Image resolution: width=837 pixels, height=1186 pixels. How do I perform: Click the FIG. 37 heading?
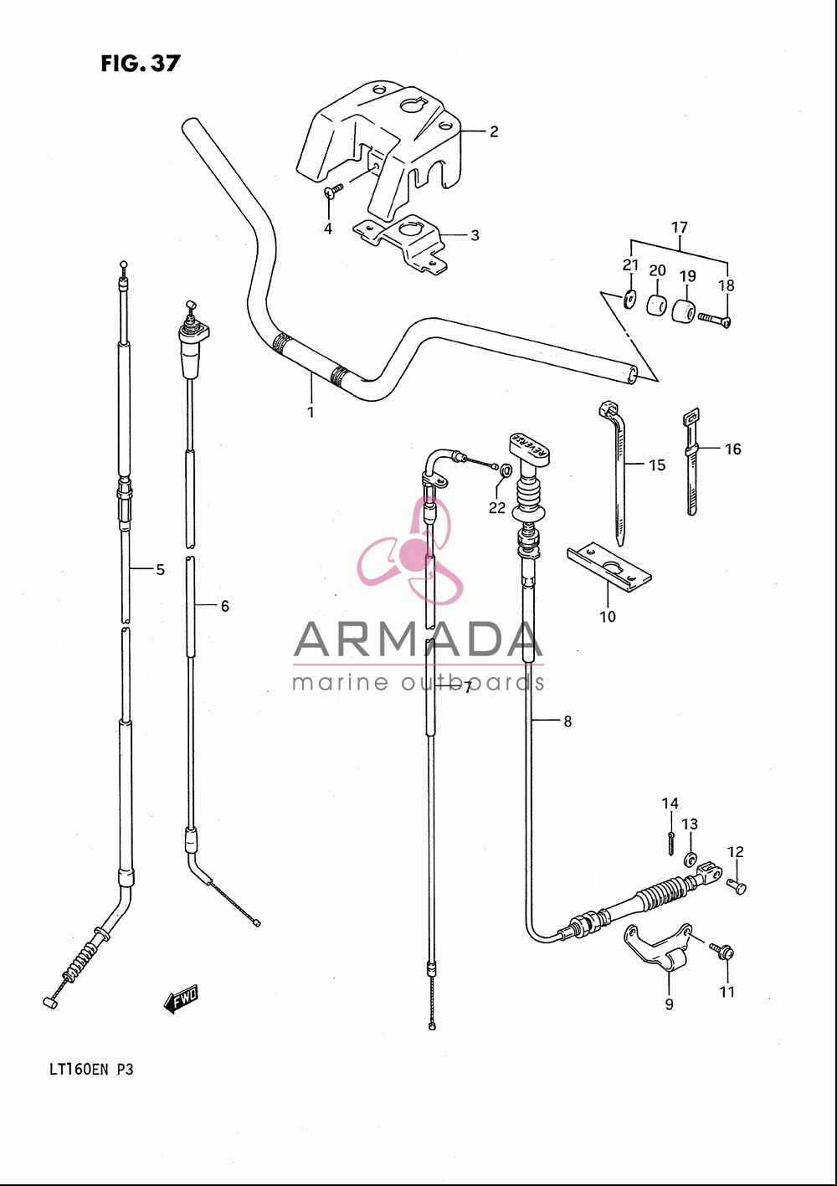[141, 64]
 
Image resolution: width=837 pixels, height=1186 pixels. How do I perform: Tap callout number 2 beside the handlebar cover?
[494, 131]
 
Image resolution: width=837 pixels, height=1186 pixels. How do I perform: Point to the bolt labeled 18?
[714, 319]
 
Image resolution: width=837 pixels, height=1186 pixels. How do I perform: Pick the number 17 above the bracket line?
[680, 227]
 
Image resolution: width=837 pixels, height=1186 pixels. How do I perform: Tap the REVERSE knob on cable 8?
[530, 446]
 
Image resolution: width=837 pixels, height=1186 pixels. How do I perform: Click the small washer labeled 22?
[506, 469]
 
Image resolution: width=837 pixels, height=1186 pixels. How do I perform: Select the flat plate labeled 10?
[608, 567]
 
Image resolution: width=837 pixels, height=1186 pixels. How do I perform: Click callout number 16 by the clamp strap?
[732, 449]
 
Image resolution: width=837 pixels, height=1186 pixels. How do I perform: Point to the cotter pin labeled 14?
[670, 842]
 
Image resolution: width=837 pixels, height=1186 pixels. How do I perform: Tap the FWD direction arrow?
[181, 998]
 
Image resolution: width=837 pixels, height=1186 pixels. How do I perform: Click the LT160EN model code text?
[79, 1070]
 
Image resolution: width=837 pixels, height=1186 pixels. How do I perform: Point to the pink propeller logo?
[410, 551]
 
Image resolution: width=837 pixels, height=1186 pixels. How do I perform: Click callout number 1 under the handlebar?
[311, 412]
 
